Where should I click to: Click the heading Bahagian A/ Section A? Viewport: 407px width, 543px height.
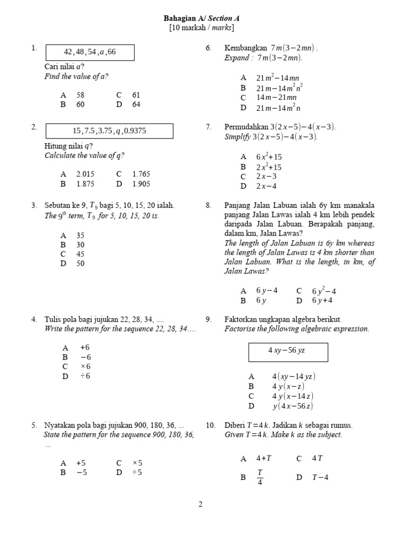pos(201,19)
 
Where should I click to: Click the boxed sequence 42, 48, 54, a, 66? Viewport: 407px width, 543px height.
pos(90,52)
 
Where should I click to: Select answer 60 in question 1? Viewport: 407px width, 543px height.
pos(80,104)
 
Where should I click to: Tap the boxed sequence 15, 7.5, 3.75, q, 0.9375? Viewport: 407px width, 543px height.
pos(110,130)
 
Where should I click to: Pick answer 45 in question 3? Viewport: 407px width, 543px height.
pos(80,254)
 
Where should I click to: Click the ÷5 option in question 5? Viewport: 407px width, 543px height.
pos(137,472)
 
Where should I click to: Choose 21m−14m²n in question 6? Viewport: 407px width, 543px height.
pos(278,108)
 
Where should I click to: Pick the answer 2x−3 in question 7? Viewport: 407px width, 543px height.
pos(266,177)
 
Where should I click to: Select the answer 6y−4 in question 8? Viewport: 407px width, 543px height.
pos(266,291)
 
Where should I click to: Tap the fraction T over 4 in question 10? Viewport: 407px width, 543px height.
pos(260,477)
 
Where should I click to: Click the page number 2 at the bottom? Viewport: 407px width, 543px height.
pos(200,504)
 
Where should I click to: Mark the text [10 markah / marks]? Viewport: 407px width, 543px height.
pos(201,28)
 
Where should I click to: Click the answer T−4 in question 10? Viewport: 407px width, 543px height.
pos(320,477)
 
